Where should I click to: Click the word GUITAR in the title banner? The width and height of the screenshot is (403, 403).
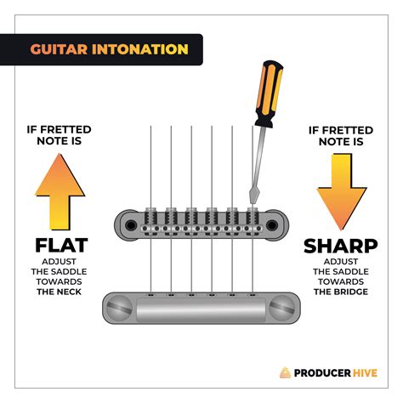tap(59, 49)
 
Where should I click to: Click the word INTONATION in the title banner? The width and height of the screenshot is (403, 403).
tap(140, 49)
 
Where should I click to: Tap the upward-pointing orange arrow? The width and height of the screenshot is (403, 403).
tap(60, 191)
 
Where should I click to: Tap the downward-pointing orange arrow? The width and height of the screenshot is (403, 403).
tap(342, 192)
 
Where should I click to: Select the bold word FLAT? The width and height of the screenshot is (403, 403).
tap(61, 246)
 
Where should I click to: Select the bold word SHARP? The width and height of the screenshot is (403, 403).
tap(341, 246)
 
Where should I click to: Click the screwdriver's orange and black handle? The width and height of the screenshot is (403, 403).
tap(269, 94)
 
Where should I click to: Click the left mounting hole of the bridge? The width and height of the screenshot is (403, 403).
tap(131, 225)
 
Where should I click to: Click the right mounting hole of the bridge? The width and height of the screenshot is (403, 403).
tap(272, 225)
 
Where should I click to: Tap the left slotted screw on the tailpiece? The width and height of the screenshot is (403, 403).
tap(119, 308)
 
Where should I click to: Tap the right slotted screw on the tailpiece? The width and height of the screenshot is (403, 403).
tap(282, 308)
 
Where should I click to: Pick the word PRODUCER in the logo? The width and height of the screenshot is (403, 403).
tap(322, 373)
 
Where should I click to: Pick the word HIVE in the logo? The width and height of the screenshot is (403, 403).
tap(366, 373)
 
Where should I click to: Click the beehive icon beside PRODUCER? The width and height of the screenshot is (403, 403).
tap(286, 372)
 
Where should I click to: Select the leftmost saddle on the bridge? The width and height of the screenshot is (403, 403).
tap(150, 222)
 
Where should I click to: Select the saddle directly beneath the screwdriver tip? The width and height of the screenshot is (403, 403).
tap(253, 222)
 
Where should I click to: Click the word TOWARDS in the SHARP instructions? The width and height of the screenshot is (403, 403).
tap(341, 281)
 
